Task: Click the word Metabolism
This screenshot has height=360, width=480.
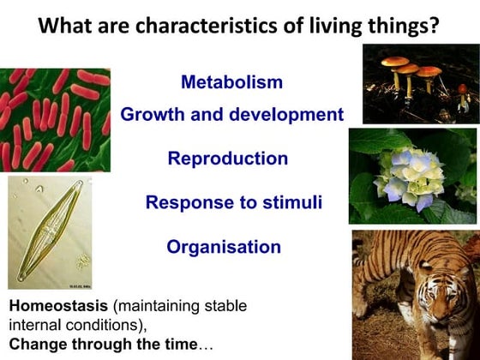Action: (x=232, y=83)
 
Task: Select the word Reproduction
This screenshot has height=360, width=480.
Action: (x=227, y=159)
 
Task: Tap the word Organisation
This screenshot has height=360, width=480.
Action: (x=223, y=248)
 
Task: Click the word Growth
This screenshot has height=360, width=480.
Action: (x=150, y=115)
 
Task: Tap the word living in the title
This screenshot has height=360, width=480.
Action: (x=333, y=27)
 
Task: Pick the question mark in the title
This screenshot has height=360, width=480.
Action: (x=435, y=26)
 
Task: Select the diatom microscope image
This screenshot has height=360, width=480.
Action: (x=49, y=231)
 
